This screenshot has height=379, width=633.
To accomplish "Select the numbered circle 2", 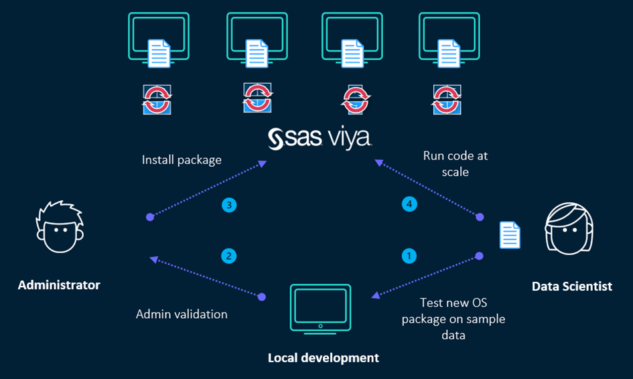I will pos(229,255).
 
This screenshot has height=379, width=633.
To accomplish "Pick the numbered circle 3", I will pos(229,206).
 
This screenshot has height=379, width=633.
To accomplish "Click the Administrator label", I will pos(59,285).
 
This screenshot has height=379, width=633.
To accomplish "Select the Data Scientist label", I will pos(571,287).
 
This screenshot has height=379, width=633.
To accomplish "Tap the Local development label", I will pos(323,358).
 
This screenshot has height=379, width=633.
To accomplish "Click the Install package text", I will pos(182,160).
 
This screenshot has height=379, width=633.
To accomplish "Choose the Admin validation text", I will pos(182,314).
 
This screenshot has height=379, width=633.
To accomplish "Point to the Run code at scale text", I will pos(455,163).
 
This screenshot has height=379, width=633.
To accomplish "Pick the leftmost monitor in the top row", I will pos(159,38).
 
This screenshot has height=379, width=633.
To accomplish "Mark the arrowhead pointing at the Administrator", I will pos(155,258).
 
